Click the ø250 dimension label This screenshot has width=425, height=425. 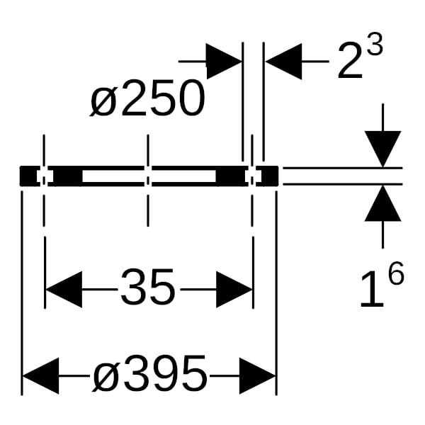tap(147, 98)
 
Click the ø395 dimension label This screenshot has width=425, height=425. tap(150, 374)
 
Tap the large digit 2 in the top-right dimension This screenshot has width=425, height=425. tap(350, 61)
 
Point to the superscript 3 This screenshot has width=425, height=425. tap(375, 45)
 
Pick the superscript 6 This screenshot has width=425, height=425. tap(396, 273)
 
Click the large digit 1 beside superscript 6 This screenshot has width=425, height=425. tap(373, 289)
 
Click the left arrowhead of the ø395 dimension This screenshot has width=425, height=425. tap(40, 375)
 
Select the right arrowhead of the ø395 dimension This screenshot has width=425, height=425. tap(258, 375)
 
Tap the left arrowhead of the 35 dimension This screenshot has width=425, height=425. tap(64, 290)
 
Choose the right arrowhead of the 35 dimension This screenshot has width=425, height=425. tap(234, 290)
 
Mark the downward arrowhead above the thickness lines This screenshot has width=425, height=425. tap(382, 149)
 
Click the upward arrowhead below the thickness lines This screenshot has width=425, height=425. tap(382, 203)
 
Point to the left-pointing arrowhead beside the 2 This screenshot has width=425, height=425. tap(283, 62)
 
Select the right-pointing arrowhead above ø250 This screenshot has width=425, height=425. tap(224, 62)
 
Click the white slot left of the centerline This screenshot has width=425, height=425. tap(113, 176)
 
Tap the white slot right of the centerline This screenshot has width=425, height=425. tap(183, 176)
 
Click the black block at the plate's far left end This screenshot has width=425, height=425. tap(28, 176)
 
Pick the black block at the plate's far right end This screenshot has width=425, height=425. tap(270, 176)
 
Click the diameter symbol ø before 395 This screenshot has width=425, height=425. tap(103, 378)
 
